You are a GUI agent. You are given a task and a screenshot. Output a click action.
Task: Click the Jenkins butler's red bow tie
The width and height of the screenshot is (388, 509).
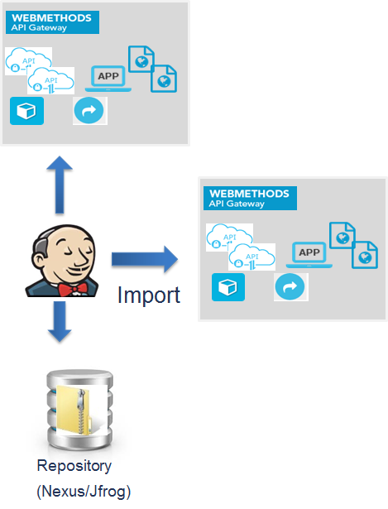coord(73,289)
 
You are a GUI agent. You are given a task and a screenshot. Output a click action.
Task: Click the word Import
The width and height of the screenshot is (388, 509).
coord(149,295)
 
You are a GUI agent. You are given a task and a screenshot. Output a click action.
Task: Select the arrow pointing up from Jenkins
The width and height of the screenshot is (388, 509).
coord(60,185)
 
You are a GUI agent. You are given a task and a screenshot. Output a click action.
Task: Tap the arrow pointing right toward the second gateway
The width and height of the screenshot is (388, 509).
coord(145,259)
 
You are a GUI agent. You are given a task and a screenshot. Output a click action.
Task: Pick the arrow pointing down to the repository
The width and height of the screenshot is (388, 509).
coord(60,321)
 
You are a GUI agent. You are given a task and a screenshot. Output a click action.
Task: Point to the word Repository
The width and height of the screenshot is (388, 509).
coord(74,467)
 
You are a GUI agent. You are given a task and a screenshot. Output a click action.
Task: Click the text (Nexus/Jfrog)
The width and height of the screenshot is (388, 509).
coord(84,492)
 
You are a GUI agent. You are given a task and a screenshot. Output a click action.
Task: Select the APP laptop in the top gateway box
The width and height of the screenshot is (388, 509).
coord(108,79)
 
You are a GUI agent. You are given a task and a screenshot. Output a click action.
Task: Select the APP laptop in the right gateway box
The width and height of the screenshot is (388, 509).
coord(309,255)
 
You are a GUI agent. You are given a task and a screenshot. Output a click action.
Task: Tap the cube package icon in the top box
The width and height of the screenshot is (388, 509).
coord(26,111)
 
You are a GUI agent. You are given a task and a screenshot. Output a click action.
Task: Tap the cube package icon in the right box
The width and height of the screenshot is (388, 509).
coord(228,287)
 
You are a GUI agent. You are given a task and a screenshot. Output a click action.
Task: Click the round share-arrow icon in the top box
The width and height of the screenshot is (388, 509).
coord(89,111)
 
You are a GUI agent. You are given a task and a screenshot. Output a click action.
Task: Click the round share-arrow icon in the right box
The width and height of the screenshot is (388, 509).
coord(290,287)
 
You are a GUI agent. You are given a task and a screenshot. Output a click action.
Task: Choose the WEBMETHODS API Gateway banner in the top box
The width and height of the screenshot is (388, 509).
coord(53,22)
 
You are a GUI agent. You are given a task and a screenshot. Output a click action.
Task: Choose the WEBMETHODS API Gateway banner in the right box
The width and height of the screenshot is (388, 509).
coord(250,198)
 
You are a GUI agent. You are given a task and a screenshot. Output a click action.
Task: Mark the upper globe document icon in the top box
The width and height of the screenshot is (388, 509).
coord(141,59)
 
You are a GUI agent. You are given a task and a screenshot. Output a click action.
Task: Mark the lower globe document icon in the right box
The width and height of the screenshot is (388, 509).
coord(365,255)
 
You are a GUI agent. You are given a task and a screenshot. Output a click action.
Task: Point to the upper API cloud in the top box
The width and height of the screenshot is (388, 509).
coord(28,61)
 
